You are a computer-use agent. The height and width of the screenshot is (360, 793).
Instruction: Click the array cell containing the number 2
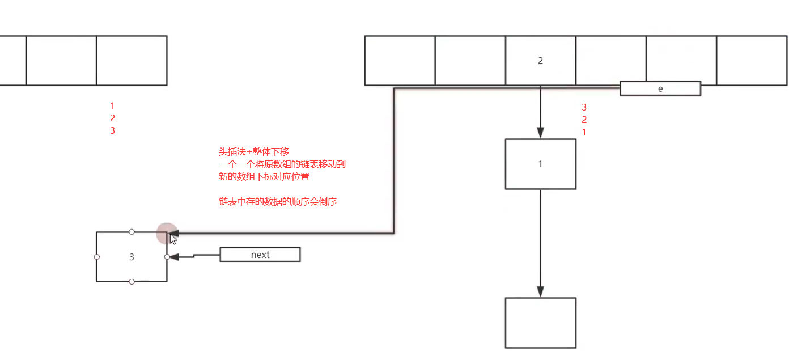pos(540,61)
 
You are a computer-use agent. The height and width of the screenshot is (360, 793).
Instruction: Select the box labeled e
pos(660,88)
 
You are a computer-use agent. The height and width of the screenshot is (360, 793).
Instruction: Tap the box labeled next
pos(260,255)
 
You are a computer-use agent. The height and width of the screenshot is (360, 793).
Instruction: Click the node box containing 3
pos(132,256)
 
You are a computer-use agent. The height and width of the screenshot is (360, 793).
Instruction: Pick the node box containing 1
pos(540,164)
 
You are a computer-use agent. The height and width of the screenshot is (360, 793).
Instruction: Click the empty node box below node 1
pos(540,323)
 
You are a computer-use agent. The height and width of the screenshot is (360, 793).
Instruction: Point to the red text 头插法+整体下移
pos(254,151)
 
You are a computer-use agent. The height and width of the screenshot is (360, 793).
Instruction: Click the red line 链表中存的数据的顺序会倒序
pos(278,201)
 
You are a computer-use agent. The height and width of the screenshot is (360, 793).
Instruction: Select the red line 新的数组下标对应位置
pos(264,176)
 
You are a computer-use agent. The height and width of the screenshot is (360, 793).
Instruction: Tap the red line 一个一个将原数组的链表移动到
pos(282,164)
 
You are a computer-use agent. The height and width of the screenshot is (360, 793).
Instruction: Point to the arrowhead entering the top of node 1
pos(540,133)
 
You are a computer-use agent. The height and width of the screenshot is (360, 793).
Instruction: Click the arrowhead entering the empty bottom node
pos(540,291)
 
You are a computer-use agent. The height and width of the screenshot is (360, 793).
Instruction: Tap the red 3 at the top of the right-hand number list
pos(584,107)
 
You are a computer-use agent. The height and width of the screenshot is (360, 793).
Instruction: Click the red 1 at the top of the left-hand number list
pos(112,105)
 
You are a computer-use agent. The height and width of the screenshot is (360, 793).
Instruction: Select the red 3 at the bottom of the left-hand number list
pos(112,130)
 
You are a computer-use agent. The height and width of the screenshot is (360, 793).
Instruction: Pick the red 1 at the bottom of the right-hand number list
pos(584,132)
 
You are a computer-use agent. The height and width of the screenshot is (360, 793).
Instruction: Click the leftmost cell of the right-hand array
pos(400,61)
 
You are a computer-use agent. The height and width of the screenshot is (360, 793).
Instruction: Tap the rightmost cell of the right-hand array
pos(752,61)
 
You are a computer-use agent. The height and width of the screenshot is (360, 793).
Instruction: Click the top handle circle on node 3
pos(132,232)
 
